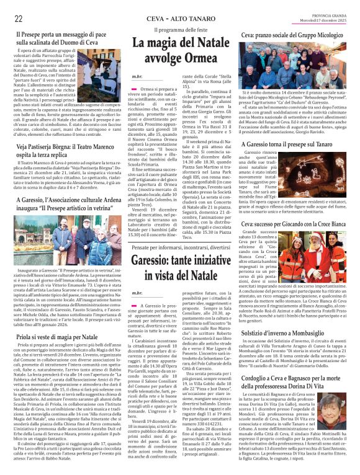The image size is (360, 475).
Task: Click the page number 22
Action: [x=19, y=18]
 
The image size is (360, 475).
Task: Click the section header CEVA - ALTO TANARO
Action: [x=181, y=18]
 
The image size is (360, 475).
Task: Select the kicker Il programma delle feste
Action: [x=180, y=30]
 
